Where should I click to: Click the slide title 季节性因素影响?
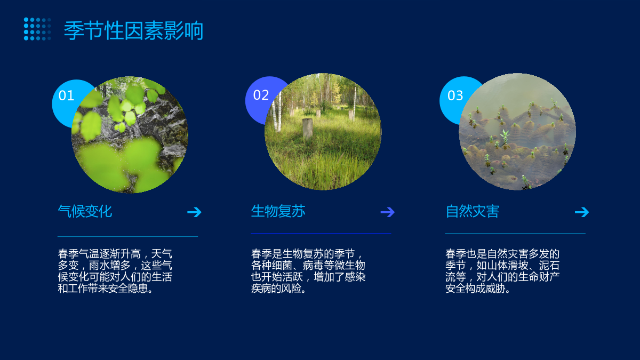(133, 30)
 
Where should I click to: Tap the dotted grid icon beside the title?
(37, 29)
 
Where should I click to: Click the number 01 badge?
(66, 95)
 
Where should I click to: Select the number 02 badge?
(261, 95)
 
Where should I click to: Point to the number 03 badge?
(455, 95)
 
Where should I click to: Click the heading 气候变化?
(85, 211)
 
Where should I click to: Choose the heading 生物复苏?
(278, 211)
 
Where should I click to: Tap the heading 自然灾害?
(473, 211)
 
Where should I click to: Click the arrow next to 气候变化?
(194, 212)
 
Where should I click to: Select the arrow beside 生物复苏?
(387, 212)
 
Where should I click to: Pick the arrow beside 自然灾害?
(582, 212)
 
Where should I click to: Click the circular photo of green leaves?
(130, 134)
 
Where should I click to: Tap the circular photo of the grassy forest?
(323, 132)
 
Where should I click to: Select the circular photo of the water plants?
(517, 132)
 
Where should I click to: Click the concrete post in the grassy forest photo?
(308, 129)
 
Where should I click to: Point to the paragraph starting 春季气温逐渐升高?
(115, 271)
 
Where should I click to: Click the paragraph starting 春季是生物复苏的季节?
(308, 271)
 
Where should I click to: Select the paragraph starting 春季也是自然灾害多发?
(502, 271)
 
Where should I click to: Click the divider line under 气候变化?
(127, 237)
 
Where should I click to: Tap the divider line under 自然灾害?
(515, 234)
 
